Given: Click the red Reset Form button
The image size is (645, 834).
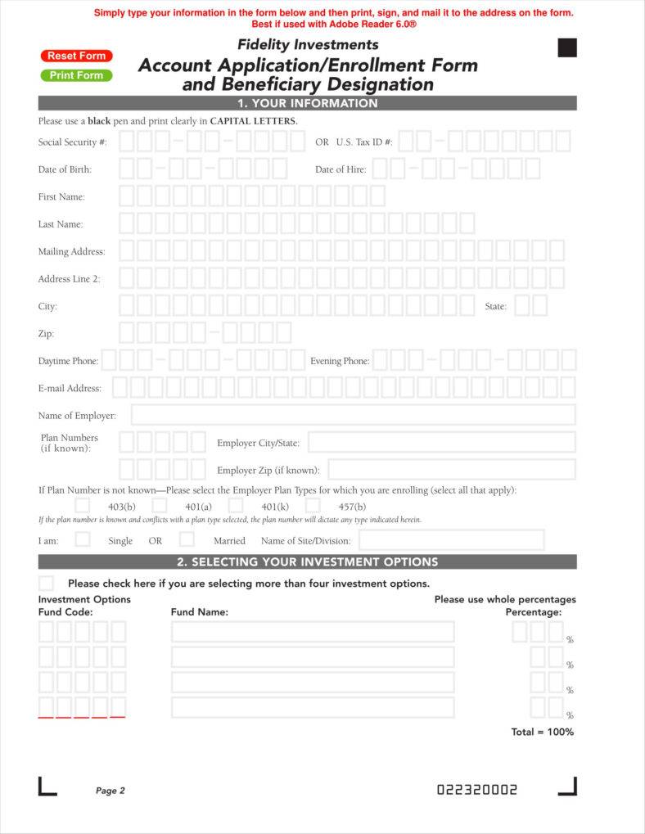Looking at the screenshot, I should [x=76, y=56].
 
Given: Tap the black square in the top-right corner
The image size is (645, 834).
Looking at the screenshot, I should [x=567, y=47].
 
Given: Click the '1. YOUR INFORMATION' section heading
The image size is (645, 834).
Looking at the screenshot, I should [x=307, y=103].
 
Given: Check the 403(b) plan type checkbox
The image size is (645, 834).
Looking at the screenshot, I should [x=83, y=506].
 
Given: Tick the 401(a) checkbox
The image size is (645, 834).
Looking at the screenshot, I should [x=160, y=506].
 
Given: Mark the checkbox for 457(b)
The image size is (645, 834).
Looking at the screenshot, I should [x=313, y=506].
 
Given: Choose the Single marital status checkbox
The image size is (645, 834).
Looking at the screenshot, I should [x=83, y=539].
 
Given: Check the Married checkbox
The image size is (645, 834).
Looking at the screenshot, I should [x=187, y=539].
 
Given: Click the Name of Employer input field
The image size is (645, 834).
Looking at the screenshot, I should [x=353, y=415].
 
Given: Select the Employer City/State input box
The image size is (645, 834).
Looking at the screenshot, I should [x=441, y=442].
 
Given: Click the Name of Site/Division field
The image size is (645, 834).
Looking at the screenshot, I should [x=451, y=540].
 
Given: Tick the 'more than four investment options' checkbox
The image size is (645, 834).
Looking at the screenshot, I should [x=47, y=584].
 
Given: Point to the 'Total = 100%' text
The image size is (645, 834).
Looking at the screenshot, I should [x=543, y=732].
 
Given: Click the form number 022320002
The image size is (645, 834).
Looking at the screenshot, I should [x=477, y=790].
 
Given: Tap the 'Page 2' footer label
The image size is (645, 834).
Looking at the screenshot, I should [x=111, y=791].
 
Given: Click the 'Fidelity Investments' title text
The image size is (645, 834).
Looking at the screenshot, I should [x=308, y=44].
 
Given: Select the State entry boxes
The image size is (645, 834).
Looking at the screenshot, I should [x=530, y=305].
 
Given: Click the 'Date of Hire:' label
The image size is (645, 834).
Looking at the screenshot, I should [x=341, y=169].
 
